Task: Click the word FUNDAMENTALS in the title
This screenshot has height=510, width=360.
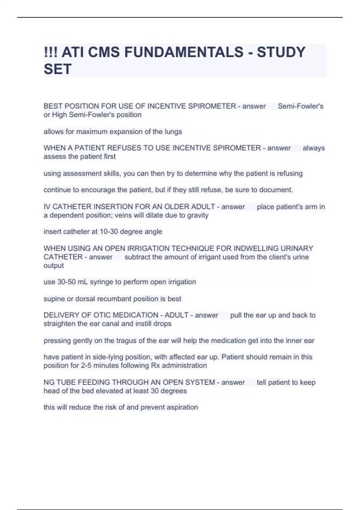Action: click(184, 52)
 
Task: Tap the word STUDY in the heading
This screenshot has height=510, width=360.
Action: click(281, 52)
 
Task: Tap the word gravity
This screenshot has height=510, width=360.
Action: click(198, 215)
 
